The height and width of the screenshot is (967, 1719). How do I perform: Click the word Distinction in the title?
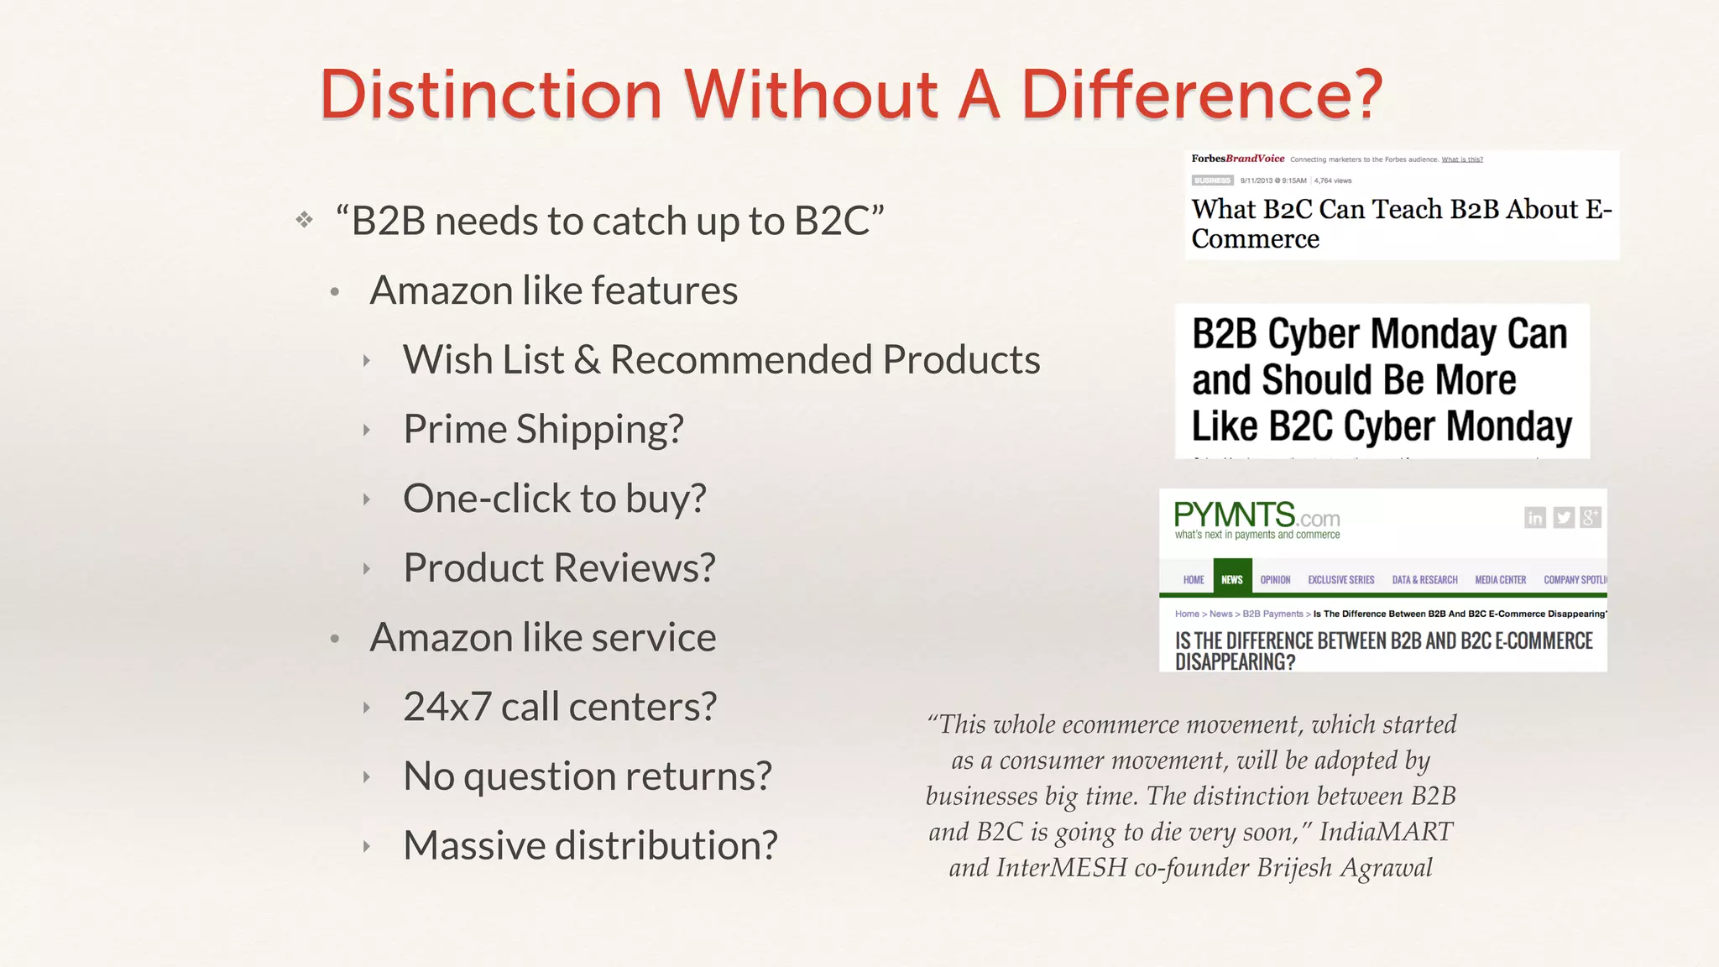pyautogui.click(x=491, y=94)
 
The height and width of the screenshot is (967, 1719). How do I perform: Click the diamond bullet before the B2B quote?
pyautogui.click(x=304, y=220)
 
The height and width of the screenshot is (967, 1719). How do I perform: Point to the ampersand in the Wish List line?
pyautogui.click(x=588, y=360)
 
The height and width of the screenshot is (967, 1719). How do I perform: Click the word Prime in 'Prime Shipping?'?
pyautogui.click(x=455, y=429)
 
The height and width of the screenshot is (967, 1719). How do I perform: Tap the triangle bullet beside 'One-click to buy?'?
pyautogui.click(x=367, y=499)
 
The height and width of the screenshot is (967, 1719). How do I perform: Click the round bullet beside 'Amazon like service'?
pyautogui.click(x=335, y=639)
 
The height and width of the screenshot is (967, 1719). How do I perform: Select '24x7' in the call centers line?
pyautogui.click(x=447, y=707)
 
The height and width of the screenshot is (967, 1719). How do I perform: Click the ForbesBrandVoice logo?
pyautogui.click(x=1238, y=159)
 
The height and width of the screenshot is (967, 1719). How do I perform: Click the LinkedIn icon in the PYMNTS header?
pyautogui.click(x=1534, y=518)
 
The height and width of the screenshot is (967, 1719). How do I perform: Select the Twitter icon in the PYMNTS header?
pyautogui.click(x=1563, y=518)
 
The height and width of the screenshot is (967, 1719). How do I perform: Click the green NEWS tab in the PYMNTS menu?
pyautogui.click(x=1232, y=579)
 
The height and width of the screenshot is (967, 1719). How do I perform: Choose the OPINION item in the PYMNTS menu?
pyautogui.click(x=1275, y=580)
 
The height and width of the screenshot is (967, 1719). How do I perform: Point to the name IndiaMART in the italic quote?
pyautogui.click(x=1386, y=832)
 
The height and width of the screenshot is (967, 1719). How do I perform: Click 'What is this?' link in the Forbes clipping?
pyautogui.click(x=1462, y=159)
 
